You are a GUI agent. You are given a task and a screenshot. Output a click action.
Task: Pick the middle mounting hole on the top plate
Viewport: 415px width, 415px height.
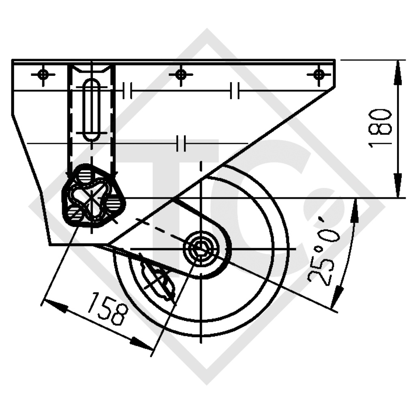click(x=181, y=74)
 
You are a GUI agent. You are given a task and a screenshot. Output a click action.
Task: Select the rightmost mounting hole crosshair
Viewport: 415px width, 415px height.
click(x=319, y=74)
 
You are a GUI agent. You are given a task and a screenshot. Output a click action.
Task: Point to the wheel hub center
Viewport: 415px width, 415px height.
click(x=201, y=248)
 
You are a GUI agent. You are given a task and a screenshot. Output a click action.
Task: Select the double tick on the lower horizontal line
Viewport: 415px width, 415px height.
click(x=181, y=143)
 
